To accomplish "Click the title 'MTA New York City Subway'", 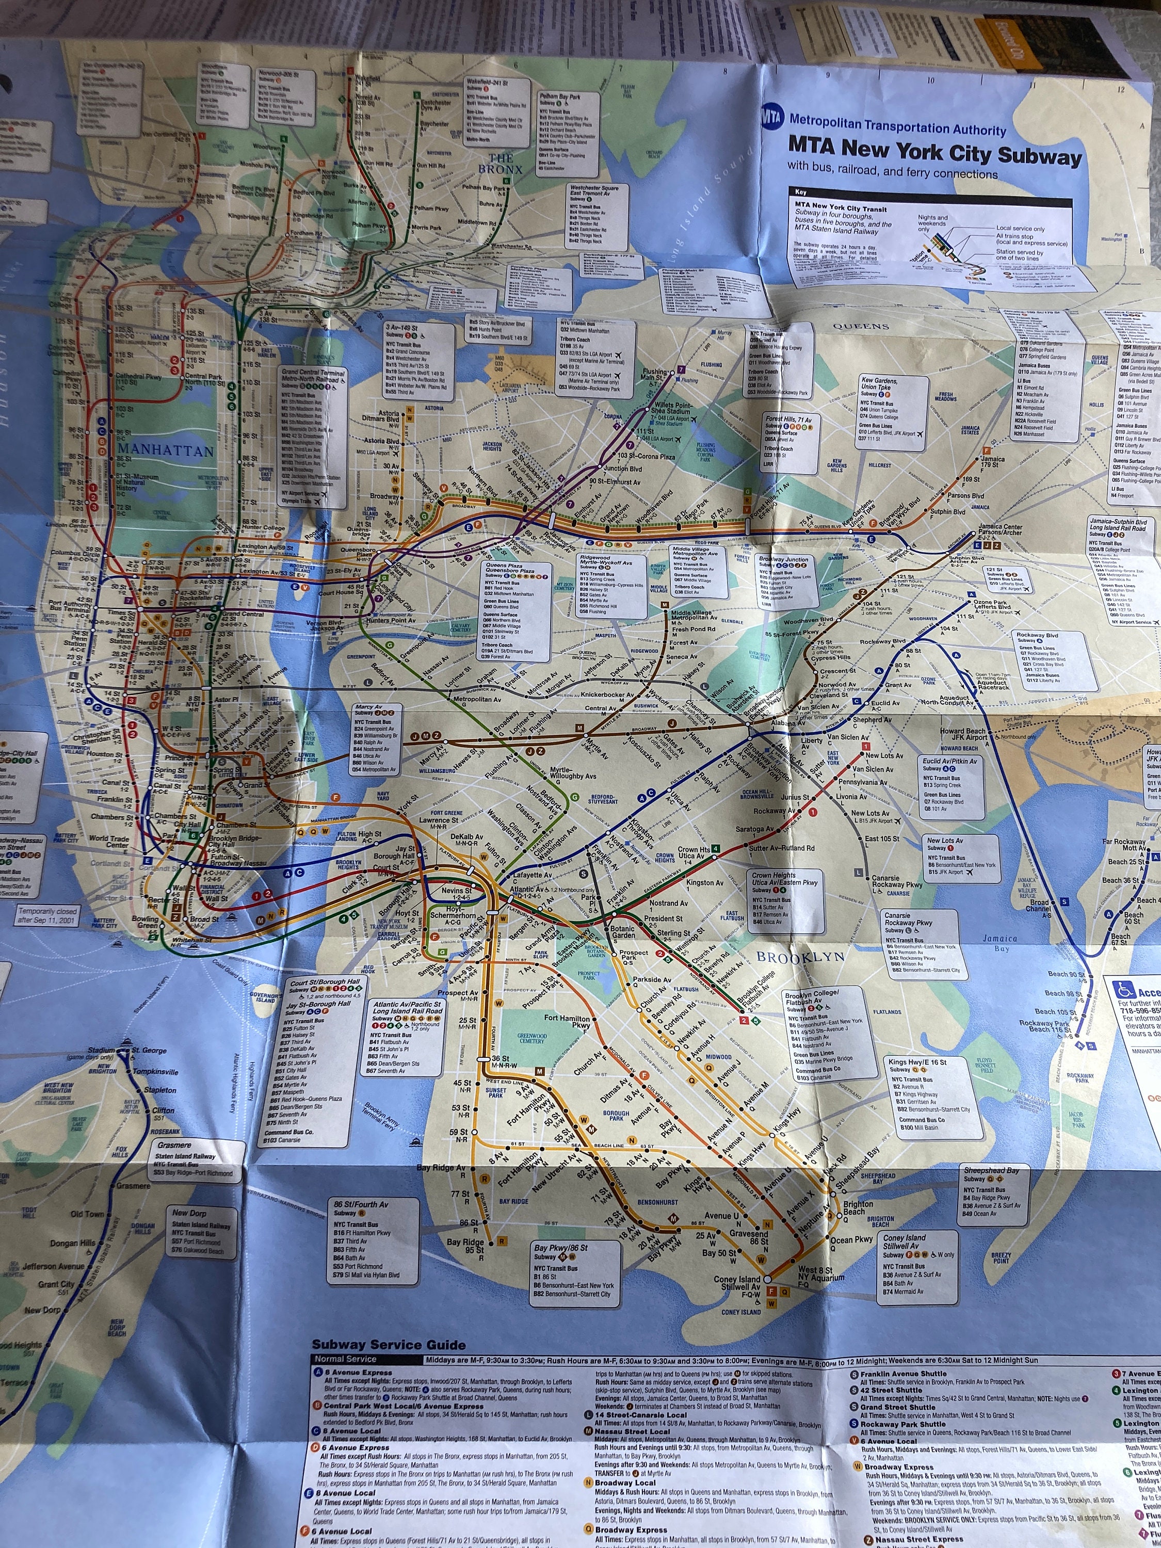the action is [x=934, y=151].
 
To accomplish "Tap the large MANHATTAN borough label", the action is [x=165, y=450].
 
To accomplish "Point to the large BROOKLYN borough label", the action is [x=799, y=957].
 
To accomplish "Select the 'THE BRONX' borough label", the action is [x=501, y=163].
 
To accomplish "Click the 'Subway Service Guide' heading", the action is [x=389, y=1344].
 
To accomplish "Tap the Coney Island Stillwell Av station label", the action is [x=736, y=1283].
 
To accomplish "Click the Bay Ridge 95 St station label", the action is [x=465, y=1246].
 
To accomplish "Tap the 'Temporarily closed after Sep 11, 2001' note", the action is [x=47, y=915].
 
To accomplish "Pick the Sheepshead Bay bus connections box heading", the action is [x=992, y=1170].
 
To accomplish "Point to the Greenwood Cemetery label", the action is [x=532, y=1037].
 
